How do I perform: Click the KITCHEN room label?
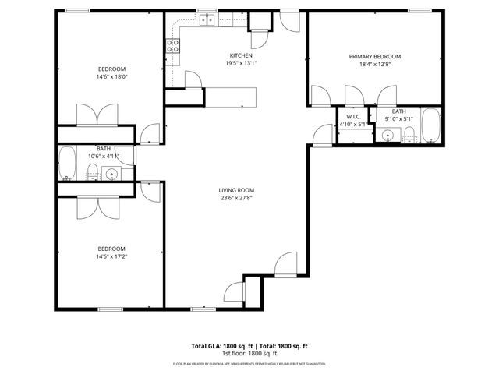tap(239, 55)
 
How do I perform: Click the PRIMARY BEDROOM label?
tap(374, 57)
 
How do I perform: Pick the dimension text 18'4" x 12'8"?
tap(374, 65)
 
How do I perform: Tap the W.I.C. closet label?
tap(352, 116)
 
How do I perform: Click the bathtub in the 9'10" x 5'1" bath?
tap(430, 126)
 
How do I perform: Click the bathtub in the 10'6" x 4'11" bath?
tap(67, 164)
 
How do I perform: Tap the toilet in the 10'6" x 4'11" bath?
tap(92, 171)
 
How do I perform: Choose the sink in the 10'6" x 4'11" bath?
tap(112, 174)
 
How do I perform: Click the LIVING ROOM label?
tap(236, 190)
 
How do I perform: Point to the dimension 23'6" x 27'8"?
tap(236, 198)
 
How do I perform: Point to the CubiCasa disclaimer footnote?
tap(249, 364)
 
